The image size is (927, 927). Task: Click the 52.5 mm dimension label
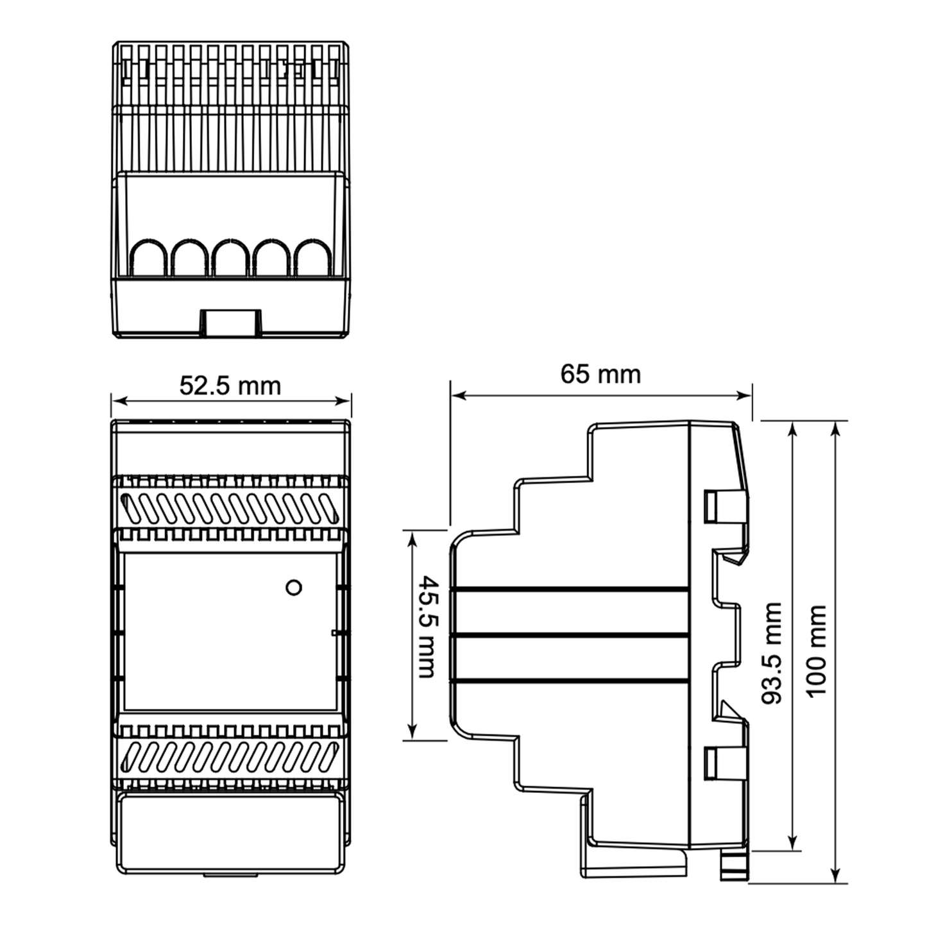click(x=230, y=386)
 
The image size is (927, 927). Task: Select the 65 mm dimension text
click(x=600, y=374)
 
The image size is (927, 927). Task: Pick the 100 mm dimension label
click(x=816, y=651)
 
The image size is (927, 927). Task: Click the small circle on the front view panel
click(x=294, y=587)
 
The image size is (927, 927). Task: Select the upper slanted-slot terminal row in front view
click(x=230, y=508)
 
